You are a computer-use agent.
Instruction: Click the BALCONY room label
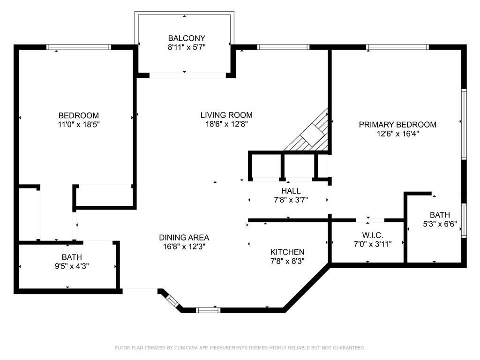pyautogui.click(x=187, y=38)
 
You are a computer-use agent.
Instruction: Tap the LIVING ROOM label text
pyautogui.click(x=226, y=115)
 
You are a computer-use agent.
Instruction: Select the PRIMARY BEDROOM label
pyautogui.click(x=397, y=125)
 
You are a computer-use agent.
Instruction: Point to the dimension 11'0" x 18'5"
pyautogui.click(x=79, y=125)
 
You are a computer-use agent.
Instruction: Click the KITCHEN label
pyautogui.click(x=287, y=252)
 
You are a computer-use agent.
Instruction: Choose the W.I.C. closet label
pyautogui.click(x=373, y=235)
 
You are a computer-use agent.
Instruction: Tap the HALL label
pyautogui.click(x=291, y=191)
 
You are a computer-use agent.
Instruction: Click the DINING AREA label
pyautogui.click(x=184, y=238)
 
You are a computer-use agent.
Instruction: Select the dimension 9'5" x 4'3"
pyautogui.click(x=72, y=266)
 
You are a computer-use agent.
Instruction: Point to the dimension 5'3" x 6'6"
pyautogui.click(x=440, y=224)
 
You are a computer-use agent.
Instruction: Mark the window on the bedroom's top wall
pyautogui.click(x=79, y=47)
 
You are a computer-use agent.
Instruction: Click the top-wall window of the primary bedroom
pyautogui.click(x=397, y=47)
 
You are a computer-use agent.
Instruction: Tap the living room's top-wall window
pyautogui.click(x=283, y=47)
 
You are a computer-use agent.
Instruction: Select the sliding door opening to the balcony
pyautogui.click(x=187, y=75)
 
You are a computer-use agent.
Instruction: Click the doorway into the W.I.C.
pyautogui.click(x=370, y=220)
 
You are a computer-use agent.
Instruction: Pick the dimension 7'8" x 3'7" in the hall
pyautogui.click(x=291, y=200)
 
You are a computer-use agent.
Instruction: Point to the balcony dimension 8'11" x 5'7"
pyautogui.click(x=187, y=47)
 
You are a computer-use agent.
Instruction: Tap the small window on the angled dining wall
pyautogui.click(x=172, y=301)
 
